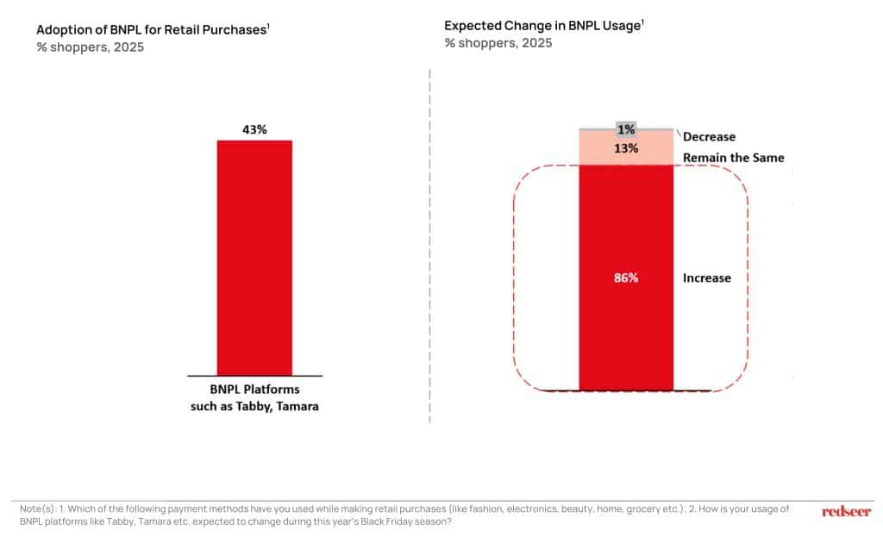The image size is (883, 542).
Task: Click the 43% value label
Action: point(254,129)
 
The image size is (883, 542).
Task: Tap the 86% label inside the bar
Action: point(625,278)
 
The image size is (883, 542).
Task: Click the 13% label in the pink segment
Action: point(626,148)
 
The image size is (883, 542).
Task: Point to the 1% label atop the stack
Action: point(626,129)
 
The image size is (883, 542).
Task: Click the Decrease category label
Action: point(709,137)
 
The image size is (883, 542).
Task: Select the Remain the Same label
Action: point(733,158)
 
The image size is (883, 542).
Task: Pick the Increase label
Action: point(706,278)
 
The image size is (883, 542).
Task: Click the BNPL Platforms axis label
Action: point(254,389)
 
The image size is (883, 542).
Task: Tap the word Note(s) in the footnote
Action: point(37,509)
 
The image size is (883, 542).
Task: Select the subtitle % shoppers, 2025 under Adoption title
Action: point(91,47)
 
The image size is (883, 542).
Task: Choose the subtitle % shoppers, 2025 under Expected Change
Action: point(498,43)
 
